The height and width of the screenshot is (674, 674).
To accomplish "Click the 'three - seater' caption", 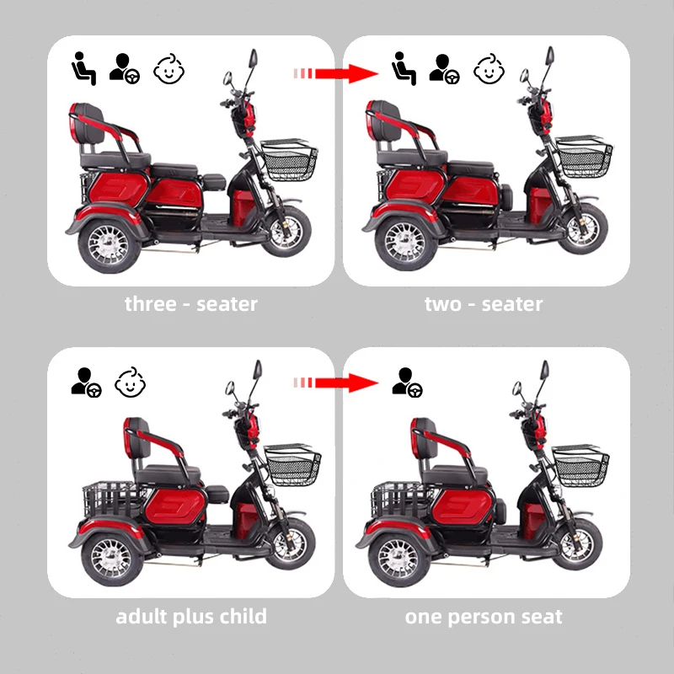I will pyautogui.click(x=191, y=304).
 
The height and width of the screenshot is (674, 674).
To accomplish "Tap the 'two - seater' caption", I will pyautogui.click(x=484, y=304).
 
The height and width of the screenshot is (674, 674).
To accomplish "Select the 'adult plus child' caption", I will pyautogui.click(x=191, y=617).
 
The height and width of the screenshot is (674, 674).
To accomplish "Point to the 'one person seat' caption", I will pyautogui.click(x=484, y=617).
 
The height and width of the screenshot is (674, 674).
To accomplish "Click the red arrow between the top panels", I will pyautogui.click(x=334, y=73).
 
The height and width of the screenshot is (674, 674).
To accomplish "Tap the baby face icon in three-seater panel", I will pyautogui.click(x=168, y=69).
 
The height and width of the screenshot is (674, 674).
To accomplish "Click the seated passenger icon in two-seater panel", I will pyautogui.click(x=404, y=68).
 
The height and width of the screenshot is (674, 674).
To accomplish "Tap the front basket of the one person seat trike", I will pyautogui.click(x=581, y=466).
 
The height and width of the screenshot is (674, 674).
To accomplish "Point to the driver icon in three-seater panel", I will pyautogui.click(x=124, y=69).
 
